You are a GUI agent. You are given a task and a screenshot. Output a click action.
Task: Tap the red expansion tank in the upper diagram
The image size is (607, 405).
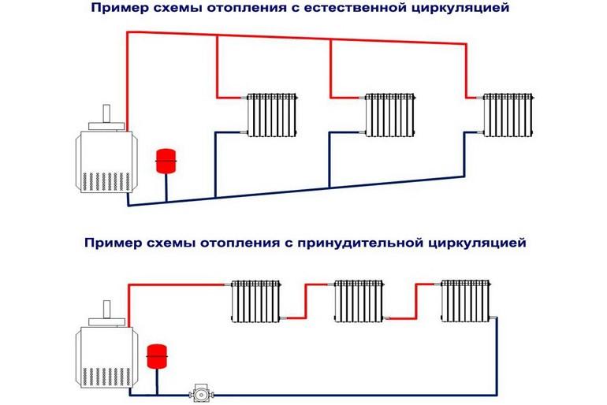coord(166,160)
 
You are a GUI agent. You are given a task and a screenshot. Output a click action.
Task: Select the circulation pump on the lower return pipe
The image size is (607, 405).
coord(203,392)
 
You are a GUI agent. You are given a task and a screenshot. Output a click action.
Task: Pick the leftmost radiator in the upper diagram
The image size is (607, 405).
coord(274,116)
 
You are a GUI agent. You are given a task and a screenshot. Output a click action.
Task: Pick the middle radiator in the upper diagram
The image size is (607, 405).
coord(390,116)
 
